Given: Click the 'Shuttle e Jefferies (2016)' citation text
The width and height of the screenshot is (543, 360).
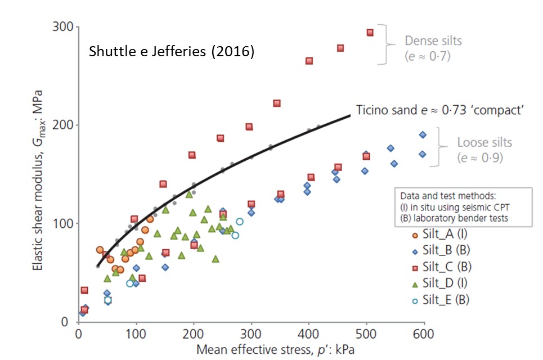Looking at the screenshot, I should [172, 52].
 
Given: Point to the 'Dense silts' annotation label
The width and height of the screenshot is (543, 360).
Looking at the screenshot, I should [433, 40].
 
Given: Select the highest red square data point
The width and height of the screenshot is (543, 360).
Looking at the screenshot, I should [370, 33].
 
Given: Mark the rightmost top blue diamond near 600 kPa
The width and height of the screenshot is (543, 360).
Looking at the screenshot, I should [423, 135].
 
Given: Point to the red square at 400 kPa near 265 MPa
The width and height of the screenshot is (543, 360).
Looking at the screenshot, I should [309, 61].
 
